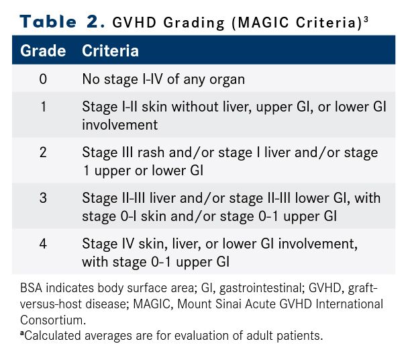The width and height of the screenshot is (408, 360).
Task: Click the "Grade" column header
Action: (43, 50)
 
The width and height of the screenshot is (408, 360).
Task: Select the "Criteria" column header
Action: (110, 50)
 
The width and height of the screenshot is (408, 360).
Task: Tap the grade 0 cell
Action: (43, 79)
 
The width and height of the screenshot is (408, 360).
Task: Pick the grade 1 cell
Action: (44, 107)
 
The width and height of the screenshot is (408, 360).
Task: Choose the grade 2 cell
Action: (43, 152)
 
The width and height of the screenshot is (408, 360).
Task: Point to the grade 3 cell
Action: (43, 198)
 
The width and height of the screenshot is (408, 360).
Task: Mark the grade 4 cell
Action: (43, 244)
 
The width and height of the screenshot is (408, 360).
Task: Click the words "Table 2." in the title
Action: (62, 21)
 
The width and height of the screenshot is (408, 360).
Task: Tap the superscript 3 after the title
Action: (366, 19)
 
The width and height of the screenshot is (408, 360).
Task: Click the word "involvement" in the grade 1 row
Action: (119, 124)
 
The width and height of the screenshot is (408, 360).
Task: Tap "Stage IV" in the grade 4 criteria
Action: (108, 244)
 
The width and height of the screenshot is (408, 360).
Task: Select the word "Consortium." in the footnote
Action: (53, 320)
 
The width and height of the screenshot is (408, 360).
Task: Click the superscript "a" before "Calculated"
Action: (22, 333)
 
